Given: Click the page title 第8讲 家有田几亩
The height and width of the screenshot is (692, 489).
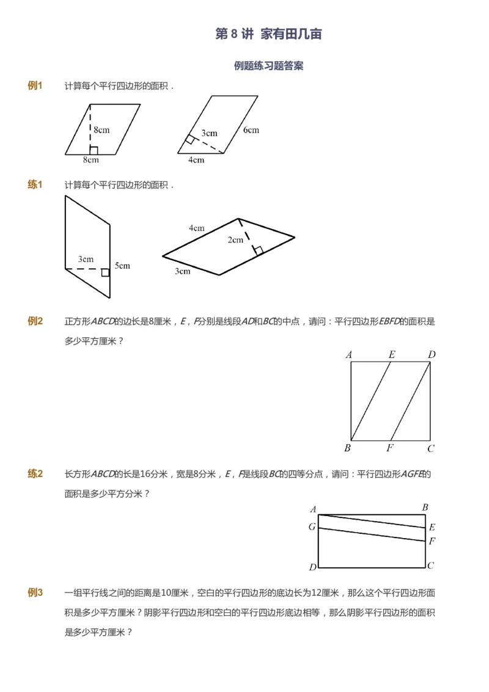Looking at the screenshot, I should click(268, 34).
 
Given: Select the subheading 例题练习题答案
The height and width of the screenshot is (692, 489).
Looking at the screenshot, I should click(268, 66).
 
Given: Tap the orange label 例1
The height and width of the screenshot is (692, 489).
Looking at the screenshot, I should click(35, 86).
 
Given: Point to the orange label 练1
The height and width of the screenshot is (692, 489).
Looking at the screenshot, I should click(35, 184).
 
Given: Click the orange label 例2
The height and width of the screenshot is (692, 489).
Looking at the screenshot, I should click(35, 321).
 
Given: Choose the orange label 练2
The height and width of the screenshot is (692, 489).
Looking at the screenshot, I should click(35, 473).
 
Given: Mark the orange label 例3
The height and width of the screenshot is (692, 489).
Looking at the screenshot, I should click(35, 592).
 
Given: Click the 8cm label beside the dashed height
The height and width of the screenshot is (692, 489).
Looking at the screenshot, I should click(101, 129).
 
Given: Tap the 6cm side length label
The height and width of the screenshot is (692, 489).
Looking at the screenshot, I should click(251, 129).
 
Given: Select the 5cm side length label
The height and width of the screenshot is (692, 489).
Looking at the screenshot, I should click(122, 266).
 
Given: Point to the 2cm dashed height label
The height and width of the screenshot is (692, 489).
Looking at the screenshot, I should click(235, 239).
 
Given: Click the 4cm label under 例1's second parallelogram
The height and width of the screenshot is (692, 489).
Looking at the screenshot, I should click(196, 160).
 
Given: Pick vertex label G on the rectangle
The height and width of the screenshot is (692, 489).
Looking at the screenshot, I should click(312, 526).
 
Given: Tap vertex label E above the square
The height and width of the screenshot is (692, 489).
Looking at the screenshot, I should click(391, 354).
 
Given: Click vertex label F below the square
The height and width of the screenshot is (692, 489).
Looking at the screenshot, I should click(389, 448).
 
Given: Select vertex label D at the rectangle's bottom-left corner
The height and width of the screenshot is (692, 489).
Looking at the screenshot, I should click(312, 567).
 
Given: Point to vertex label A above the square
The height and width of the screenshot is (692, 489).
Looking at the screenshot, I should click(348, 354).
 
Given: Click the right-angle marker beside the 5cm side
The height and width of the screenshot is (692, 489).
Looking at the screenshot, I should click(106, 272).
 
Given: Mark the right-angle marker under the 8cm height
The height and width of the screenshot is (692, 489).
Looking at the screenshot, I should click(94, 150).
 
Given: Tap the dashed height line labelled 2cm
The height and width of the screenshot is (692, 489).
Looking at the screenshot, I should click(248, 235).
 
